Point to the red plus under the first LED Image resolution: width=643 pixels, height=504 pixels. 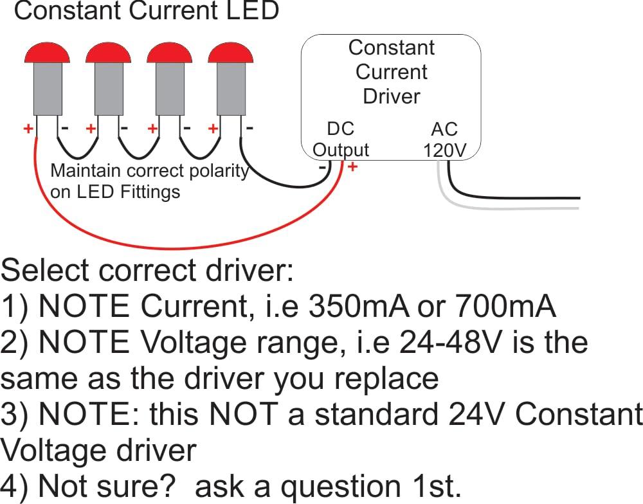point(28,129)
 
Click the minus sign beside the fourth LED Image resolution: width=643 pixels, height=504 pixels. point(249,128)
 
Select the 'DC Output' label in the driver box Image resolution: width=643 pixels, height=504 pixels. point(340,139)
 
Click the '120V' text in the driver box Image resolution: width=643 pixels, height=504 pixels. point(444,150)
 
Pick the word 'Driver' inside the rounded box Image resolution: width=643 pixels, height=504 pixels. point(391,96)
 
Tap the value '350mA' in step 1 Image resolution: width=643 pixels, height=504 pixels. point(359,307)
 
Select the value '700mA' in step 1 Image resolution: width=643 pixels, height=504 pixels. point(505,307)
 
